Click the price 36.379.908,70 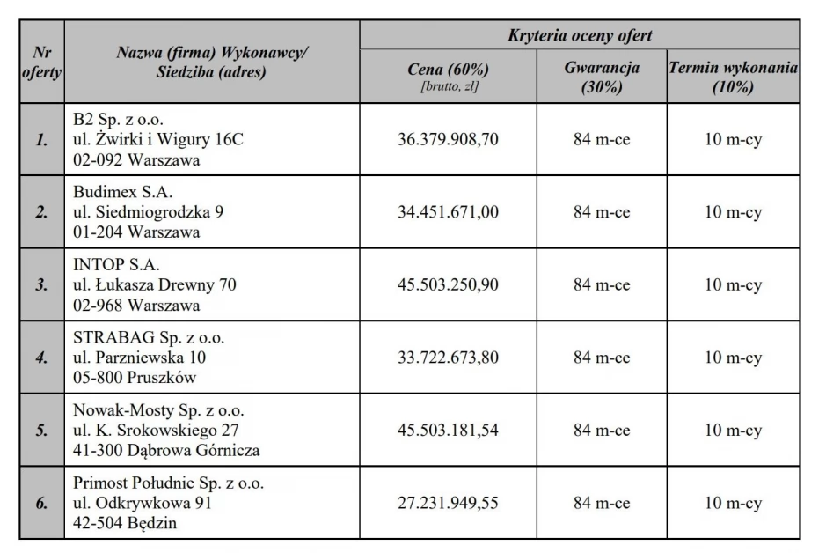tap(448, 139)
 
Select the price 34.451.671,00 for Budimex tap(448, 212)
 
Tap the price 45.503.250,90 tap(448, 284)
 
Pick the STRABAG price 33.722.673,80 tap(448, 358)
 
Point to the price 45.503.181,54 tap(448, 431)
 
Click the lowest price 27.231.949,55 tap(448, 503)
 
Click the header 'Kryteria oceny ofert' tap(580, 35)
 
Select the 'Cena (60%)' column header tap(449, 69)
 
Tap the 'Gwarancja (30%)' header tap(602, 77)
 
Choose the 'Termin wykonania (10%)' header tap(734, 77)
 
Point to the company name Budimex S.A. tap(123, 192)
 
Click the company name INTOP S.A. tap(116, 265)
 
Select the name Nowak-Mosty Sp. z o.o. tap(158, 410)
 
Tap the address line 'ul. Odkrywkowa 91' tap(143, 503)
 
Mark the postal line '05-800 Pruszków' tap(135, 378)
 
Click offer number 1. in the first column tap(41, 140)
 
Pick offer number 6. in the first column tap(41, 504)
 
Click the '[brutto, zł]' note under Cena tap(450, 86)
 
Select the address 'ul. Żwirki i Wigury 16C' tap(158, 139)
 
